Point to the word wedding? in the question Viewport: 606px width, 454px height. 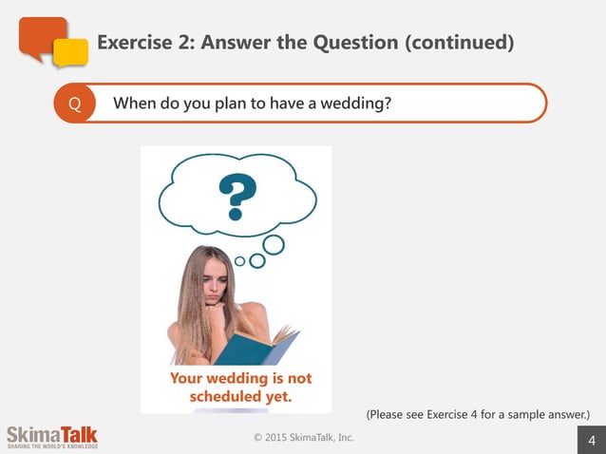(x=354, y=104)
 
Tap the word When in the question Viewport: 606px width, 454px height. (x=136, y=104)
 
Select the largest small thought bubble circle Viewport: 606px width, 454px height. (x=274, y=244)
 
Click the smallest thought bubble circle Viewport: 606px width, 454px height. (x=240, y=260)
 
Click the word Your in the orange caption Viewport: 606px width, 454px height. (x=187, y=378)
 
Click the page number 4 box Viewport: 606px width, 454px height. (x=592, y=440)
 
